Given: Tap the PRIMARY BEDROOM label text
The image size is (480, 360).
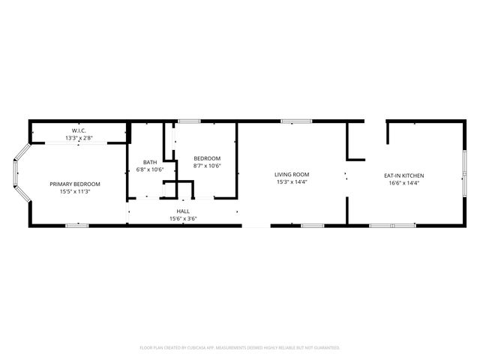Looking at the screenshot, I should click(x=75, y=184).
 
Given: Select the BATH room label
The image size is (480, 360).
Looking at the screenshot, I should click(x=150, y=162).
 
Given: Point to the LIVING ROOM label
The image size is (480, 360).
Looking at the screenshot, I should click(x=292, y=174).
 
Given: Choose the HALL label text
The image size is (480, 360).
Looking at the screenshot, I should click(x=183, y=211).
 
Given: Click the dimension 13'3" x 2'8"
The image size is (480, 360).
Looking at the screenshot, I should click(x=79, y=138).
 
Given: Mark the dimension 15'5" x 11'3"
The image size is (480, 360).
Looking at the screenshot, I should click(x=75, y=191).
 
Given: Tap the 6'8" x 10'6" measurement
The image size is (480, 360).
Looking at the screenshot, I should click(x=150, y=169).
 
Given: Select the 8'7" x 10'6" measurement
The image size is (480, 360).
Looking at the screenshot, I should click(x=207, y=166).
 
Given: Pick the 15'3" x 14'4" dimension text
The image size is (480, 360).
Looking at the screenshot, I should click(x=292, y=181).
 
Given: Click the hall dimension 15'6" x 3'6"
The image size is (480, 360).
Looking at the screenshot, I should click(x=183, y=219).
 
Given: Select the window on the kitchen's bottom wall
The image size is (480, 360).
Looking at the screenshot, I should click(x=392, y=225).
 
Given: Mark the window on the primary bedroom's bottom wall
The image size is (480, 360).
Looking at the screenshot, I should click(x=77, y=225).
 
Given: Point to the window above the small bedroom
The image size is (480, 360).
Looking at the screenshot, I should click(x=188, y=121).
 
